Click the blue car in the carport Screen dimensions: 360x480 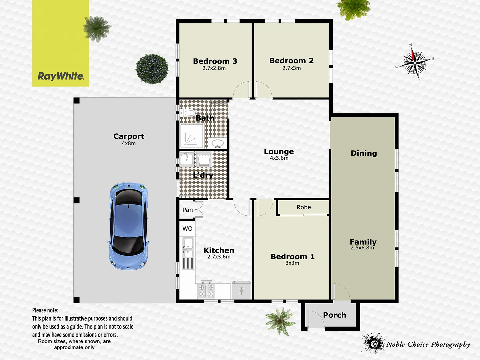point(128,226)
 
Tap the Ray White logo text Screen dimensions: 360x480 point(61,76)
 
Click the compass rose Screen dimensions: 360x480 point(415,63)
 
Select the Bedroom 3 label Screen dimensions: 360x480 point(215,61)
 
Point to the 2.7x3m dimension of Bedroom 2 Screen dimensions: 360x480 point(291,68)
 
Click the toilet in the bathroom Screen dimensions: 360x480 point(188,113)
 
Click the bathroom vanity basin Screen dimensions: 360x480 point(218,144)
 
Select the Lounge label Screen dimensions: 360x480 point(279,152)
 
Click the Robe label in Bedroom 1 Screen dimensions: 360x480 point(304,207)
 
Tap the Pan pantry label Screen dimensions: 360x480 point(187,210)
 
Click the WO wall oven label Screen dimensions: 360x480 point(187,229)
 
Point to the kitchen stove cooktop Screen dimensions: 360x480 point(206,290)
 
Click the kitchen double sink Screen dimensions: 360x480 point(188,248)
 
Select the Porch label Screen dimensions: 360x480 point(334,315)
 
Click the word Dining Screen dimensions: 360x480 point(364,153)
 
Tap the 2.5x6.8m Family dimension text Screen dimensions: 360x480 point(362,248)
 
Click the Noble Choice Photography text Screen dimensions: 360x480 point(428,344)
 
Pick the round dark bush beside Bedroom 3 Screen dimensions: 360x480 point(152,69)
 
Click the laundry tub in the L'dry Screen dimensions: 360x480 point(203,159)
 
